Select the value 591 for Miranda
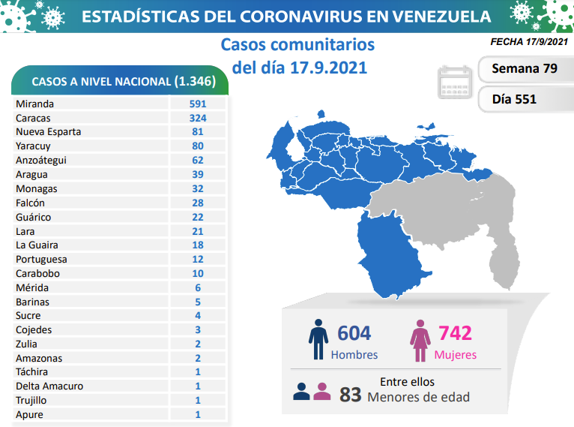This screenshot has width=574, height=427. point(198,104)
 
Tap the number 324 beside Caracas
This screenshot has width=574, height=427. point(198,118)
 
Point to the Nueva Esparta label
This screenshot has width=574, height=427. point(48,132)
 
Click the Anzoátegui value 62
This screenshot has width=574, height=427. point(198,160)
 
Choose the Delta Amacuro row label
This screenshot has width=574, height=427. point(49,386)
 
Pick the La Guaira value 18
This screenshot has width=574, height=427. point(198,245)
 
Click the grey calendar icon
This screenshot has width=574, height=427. point(454,83)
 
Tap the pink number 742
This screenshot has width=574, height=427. point(456,333)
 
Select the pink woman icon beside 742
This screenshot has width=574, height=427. point(419,339)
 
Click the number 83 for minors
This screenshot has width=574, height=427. point(350,394)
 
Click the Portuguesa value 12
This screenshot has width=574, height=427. point(198,260)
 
